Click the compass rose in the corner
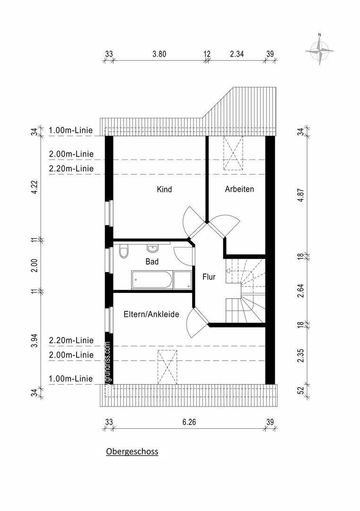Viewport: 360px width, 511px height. coord(320,51)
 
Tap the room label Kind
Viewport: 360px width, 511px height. coord(164,189)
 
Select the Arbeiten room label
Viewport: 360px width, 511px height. coord(239,189)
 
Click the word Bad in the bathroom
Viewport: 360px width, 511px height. coord(152,261)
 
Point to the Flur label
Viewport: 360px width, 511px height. coord(209,277)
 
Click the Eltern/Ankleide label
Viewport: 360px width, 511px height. coord(151,314)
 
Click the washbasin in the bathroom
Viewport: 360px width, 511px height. coord(152,248)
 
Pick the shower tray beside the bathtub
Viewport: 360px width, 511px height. coord(182,280)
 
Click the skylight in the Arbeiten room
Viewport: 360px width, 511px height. coord(233,153)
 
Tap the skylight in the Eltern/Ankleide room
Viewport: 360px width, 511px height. coord(167,367)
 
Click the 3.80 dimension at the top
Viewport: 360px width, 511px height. coord(159,54)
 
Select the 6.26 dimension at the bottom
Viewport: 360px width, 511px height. coord(189,422)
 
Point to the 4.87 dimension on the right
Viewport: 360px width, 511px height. coord(301,195)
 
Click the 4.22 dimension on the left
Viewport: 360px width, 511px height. coord(35,187)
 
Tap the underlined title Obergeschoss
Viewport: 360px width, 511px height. coord(132,451)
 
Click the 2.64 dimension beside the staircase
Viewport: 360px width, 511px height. coord(301,291)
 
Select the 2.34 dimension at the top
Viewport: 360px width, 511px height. coord(237,54)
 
